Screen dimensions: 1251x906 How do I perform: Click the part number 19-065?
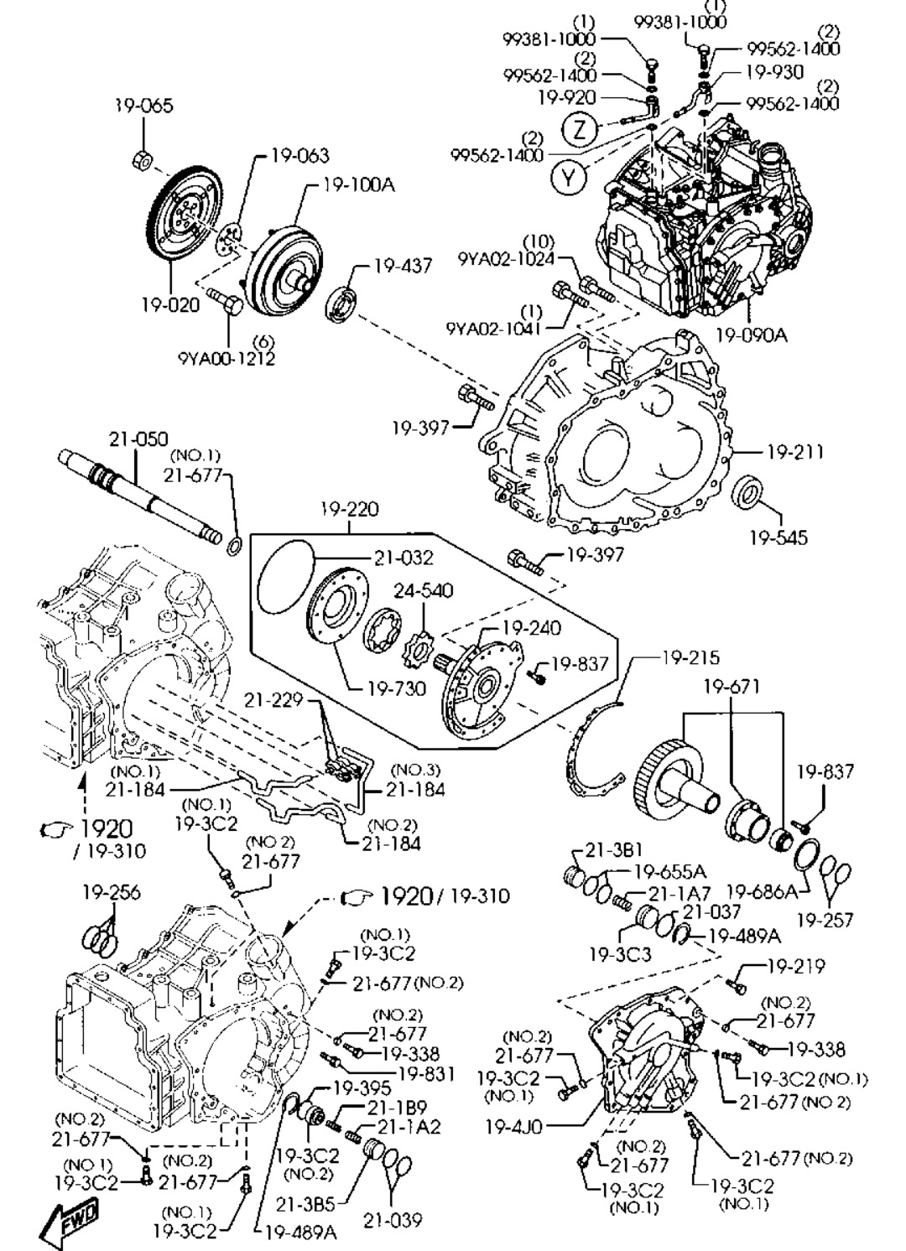click(143, 106)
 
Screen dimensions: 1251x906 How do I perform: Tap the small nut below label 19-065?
click(143, 158)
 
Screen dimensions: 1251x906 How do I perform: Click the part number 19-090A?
click(751, 335)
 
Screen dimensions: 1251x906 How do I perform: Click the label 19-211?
click(794, 453)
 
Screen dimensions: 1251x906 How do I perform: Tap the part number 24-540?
click(424, 590)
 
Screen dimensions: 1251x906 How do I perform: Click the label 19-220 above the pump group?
click(349, 509)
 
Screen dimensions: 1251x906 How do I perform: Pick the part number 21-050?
click(138, 439)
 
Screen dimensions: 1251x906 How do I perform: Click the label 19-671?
click(732, 688)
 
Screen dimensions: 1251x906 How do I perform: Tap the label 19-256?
click(112, 892)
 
